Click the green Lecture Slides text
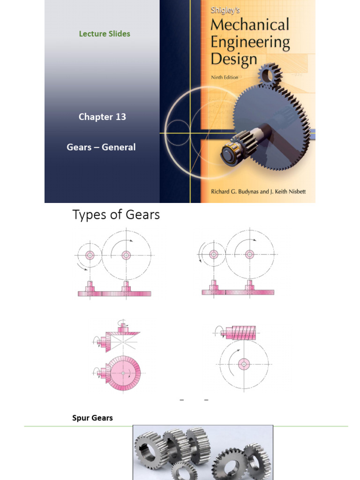tap(105, 34)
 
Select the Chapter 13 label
tap(102, 117)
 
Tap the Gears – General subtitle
tap(101, 147)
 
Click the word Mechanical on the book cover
tap(249, 25)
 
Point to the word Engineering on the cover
tap(250, 42)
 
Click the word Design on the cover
tap(234, 59)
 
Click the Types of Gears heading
tap(116, 215)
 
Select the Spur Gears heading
tap(92, 418)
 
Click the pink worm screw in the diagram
tap(239, 333)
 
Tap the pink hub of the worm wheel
tap(243, 364)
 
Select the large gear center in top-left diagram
tap(126, 255)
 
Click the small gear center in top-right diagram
tap(214, 255)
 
